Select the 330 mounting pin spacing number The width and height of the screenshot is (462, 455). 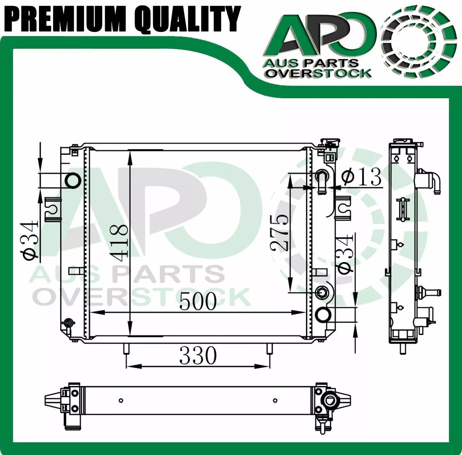coord(198,355)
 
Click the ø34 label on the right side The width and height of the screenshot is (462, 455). coord(345,254)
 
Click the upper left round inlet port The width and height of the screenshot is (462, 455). coord(73,180)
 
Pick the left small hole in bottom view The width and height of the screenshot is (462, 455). coord(121,400)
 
